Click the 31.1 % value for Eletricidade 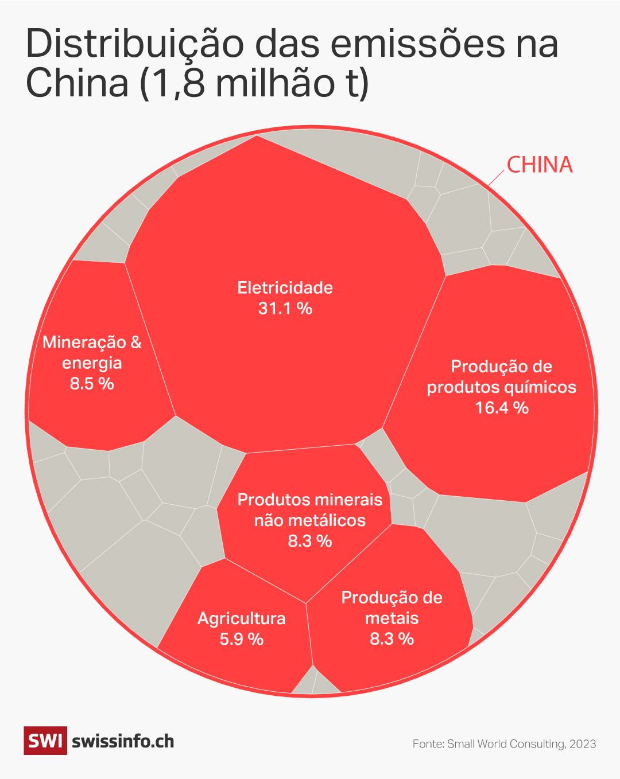click(285, 309)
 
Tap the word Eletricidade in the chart click(285, 287)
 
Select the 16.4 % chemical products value click(502, 408)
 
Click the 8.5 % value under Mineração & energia click(92, 384)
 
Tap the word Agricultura click(241, 618)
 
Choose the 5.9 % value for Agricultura click(241, 639)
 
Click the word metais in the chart click(392, 618)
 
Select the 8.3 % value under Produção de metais click(392, 639)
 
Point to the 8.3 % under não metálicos click(310, 541)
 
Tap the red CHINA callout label click(540, 165)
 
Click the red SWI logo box click(45, 741)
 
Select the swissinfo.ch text click(123, 741)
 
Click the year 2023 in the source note click(583, 744)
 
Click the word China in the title click(77, 83)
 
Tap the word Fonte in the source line click(428, 744)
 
